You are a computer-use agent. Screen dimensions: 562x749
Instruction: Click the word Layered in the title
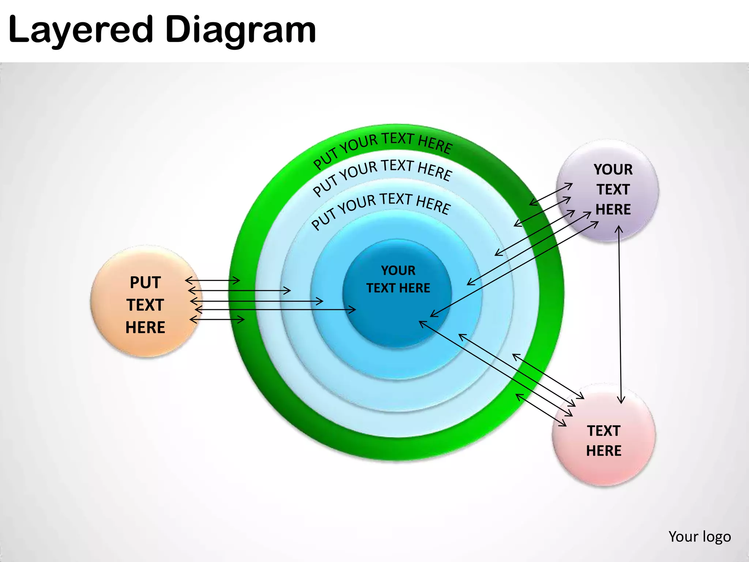coord(80,30)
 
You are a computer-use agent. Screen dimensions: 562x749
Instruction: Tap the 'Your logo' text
coord(700,536)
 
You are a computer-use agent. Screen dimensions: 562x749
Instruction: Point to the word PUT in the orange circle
coord(145,282)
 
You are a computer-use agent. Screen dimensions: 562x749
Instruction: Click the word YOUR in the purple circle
coord(613,169)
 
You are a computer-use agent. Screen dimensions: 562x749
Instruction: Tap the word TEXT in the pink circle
coord(604,431)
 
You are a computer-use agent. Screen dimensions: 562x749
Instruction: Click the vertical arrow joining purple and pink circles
coord(620,315)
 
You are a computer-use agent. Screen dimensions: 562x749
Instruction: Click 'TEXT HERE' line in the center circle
coord(398,288)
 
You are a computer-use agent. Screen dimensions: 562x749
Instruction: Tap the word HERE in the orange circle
coord(145,327)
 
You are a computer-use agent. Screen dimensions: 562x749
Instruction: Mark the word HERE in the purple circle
coord(613,209)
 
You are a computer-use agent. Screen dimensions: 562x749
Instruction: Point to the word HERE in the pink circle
coord(604,451)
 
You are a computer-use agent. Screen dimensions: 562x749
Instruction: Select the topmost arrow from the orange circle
coord(212,281)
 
